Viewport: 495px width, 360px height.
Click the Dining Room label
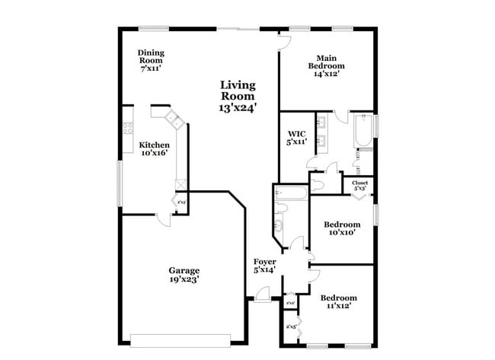click(151, 60)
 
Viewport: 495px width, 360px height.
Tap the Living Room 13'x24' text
click(238, 96)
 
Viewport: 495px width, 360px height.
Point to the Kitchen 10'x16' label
click(153, 148)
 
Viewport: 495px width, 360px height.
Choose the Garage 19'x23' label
click(184, 275)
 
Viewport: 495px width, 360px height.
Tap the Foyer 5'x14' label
click(265, 266)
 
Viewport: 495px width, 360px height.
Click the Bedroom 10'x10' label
click(341, 229)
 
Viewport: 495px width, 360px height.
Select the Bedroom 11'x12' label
click(338, 301)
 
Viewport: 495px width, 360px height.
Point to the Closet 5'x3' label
click(359, 186)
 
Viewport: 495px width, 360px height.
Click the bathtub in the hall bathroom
click(292, 193)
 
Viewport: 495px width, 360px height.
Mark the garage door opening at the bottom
click(181, 340)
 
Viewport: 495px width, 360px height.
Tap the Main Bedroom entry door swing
click(284, 43)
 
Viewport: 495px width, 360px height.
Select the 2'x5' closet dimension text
click(290, 327)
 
